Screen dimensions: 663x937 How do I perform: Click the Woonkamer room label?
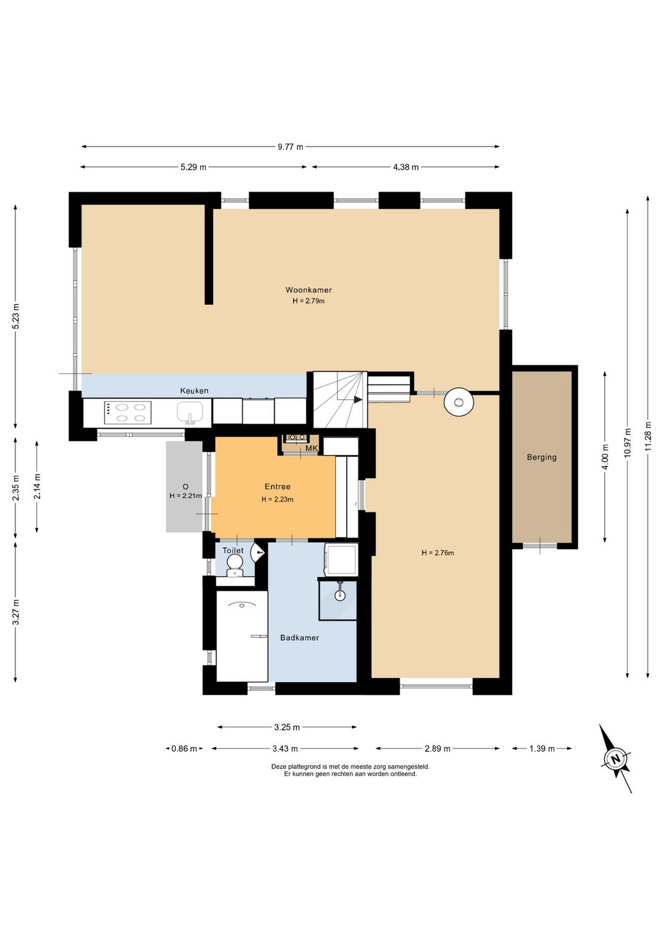pos(308,289)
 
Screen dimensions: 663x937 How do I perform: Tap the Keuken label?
pos(194,391)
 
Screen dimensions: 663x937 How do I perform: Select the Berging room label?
pos(541,457)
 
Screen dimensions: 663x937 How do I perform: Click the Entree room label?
pos(277,486)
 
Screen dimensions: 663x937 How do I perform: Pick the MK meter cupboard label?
pos(312,448)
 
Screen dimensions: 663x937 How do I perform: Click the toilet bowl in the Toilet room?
pos(235,566)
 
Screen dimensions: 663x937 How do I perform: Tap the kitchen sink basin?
pos(190,412)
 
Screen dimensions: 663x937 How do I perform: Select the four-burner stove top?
pos(128,413)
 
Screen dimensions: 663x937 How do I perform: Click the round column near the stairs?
pos(459,402)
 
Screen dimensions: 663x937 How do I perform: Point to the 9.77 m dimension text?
pos(290,147)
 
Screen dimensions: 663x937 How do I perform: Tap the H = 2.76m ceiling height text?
pos(438,553)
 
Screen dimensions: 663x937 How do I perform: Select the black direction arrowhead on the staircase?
pos(358,400)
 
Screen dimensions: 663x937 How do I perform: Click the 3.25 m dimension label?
pos(287,727)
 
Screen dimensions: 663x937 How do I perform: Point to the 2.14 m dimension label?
pos(37,486)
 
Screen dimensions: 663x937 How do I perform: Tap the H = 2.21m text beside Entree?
pos(186,496)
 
